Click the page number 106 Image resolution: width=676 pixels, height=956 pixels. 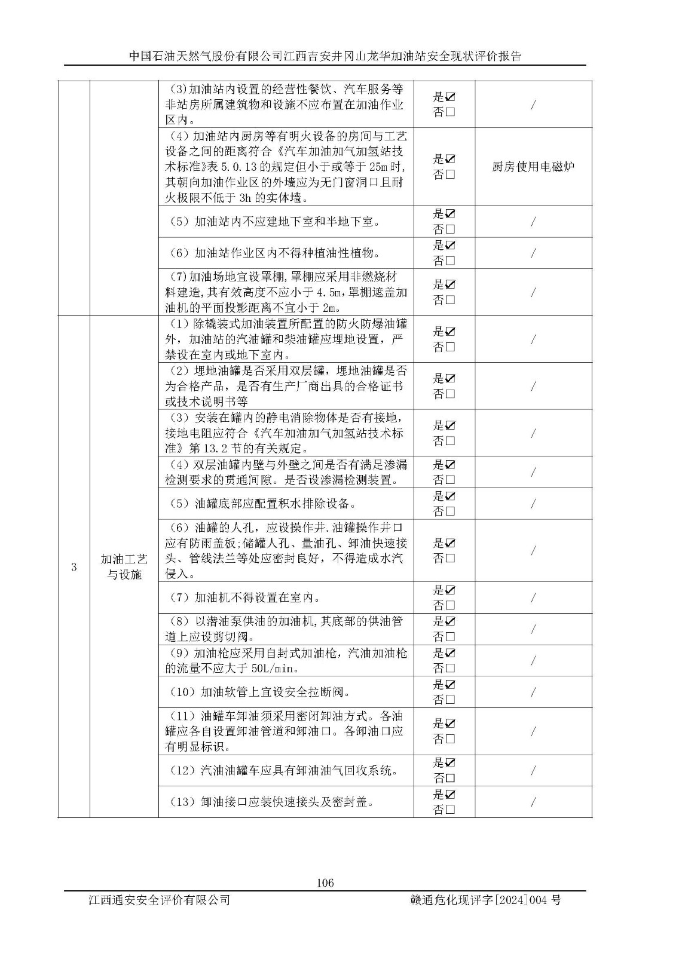point(325,883)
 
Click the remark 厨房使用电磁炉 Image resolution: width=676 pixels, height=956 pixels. point(533,167)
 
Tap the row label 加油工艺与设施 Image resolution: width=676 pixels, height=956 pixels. point(124,566)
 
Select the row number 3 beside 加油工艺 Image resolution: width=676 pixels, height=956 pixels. point(74,567)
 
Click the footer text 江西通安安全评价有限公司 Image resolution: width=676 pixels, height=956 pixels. point(158,900)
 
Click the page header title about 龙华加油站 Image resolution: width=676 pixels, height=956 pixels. point(325,56)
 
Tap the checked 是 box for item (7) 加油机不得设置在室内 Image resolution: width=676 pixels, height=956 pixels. point(450,590)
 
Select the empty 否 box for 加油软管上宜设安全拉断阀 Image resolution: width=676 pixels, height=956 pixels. point(450,700)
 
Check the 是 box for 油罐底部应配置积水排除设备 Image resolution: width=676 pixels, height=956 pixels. point(450,496)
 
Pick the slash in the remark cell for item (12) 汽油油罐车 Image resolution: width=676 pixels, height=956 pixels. point(533,771)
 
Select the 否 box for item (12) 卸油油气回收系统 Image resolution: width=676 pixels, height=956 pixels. point(450,779)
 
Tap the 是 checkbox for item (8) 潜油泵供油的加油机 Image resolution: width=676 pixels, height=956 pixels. point(450,621)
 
